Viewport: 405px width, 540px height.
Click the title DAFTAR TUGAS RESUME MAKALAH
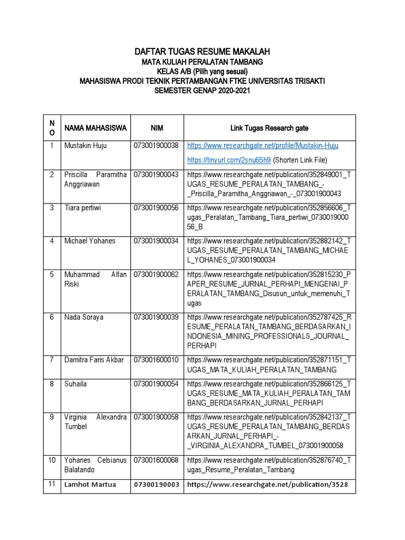tap(202, 52)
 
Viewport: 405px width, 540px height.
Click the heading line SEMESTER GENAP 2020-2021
tap(202, 91)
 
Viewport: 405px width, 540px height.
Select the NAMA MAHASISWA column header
tap(95, 128)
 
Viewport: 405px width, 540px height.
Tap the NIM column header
tap(157, 128)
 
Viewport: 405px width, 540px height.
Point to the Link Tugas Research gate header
tap(269, 128)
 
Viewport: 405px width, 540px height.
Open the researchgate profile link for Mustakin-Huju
tap(263, 146)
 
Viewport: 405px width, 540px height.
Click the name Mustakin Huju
tap(85, 146)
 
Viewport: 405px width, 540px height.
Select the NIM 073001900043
tap(157, 175)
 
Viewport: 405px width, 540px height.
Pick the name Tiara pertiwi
tap(83, 208)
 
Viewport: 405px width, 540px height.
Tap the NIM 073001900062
tap(157, 275)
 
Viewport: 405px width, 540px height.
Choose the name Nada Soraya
tap(84, 317)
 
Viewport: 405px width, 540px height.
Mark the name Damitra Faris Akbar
tap(94, 360)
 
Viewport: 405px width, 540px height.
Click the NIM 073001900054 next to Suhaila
tap(157, 384)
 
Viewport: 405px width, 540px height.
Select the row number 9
tap(52, 417)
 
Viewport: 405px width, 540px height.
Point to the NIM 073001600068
tap(157, 460)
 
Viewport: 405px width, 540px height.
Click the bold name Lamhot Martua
tap(90, 485)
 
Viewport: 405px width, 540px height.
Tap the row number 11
tap(52, 484)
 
